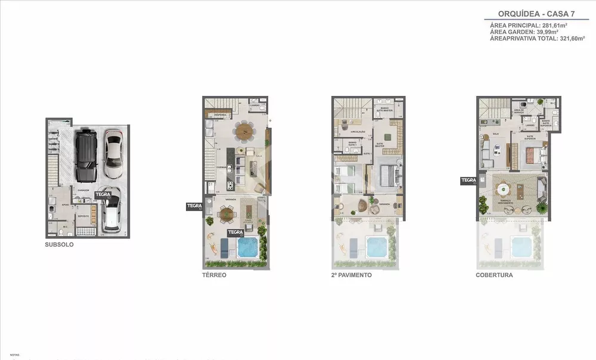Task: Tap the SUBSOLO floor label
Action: click(59, 244)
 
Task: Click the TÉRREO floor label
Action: click(213, 275)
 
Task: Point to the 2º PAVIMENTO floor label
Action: click(352, 275)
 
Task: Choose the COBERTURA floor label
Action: click(494, 275)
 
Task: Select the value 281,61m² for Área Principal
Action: click(554, 26)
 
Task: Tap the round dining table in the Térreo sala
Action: click(243, 131)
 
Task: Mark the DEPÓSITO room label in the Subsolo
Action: click(83, 216)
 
